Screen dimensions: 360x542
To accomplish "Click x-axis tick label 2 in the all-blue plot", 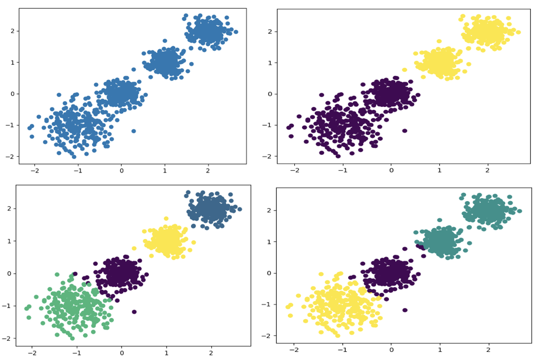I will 208,171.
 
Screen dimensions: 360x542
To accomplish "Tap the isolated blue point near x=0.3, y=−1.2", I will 134,131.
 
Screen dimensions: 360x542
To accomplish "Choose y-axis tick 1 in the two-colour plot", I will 270,63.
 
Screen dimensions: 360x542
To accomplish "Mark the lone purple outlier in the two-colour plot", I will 404,131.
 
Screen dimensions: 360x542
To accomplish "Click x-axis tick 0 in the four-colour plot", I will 121,352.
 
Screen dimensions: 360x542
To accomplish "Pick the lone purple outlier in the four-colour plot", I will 134,311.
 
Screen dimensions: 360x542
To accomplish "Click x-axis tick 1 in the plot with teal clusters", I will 440,349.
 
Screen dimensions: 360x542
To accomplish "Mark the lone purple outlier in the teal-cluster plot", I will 404,310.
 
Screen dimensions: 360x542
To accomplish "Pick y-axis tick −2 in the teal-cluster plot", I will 269,335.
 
